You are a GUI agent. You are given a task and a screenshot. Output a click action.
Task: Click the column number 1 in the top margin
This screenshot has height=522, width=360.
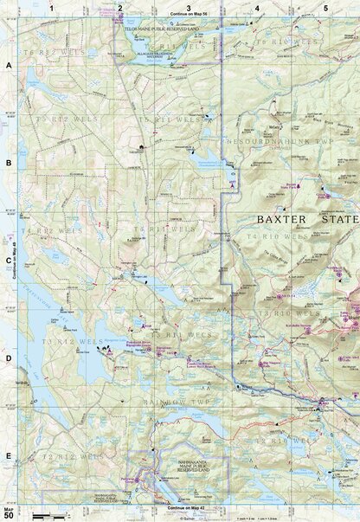pyautogui.click(x=51, y=8)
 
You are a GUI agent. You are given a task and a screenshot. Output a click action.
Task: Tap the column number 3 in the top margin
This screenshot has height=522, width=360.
pyautogui.click(x=189, y=8)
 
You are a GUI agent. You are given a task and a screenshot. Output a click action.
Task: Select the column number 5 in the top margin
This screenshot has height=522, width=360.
pyautogui.click(x=325, y=8)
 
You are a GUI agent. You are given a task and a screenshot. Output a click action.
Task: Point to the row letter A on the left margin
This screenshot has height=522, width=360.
pyautogui.click(x=8, y=65)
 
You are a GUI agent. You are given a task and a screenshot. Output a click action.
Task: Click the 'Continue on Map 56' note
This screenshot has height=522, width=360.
pyautogui.click(x=190, y=16)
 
